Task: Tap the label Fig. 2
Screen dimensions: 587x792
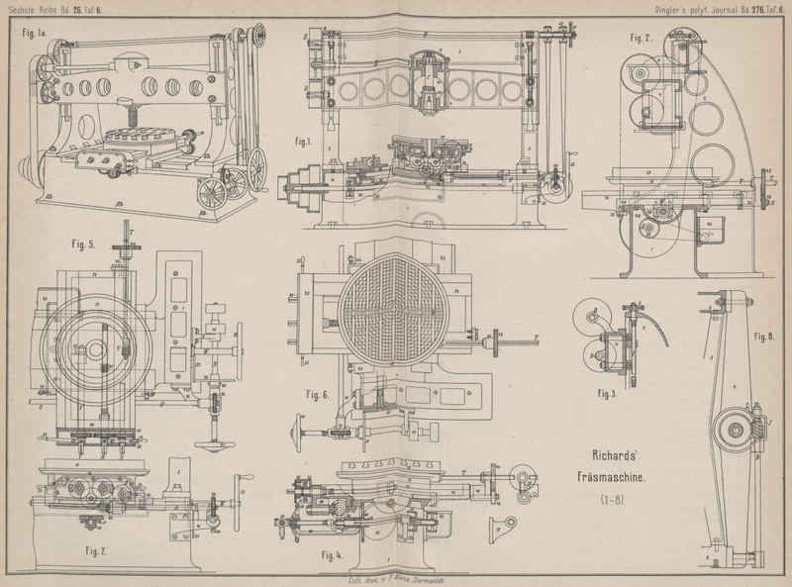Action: click(641, 38)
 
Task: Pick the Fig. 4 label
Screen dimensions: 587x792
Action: click(335, 554)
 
